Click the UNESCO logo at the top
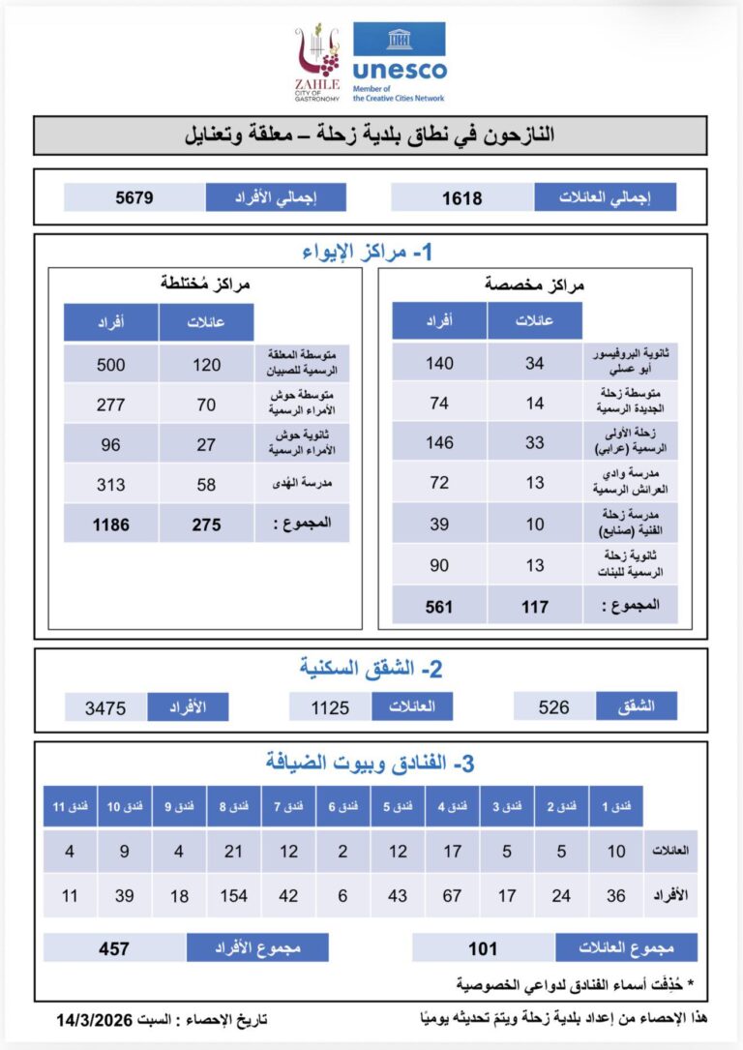(x=399, y=60)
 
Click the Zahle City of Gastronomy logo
(x=317, y=63)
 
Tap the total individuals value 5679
(x=134, y=197)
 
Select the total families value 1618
(x=462, y=197)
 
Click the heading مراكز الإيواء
(x=371, y=254)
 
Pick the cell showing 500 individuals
(x=112, y=364)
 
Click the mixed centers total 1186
(x=112, y=524)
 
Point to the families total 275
(x=206, y=524)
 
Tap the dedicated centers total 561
(x=439, y=606)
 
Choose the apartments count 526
(x=553, y=707)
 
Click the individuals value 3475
(x=105, y=707)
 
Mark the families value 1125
(x=330, y=707)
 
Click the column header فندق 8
(x=233, y=806)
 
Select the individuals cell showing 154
(x=233, y=895)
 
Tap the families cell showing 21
(x=233, y=852)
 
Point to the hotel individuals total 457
(x=114, y=948)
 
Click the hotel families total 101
(x=483, y=948)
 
